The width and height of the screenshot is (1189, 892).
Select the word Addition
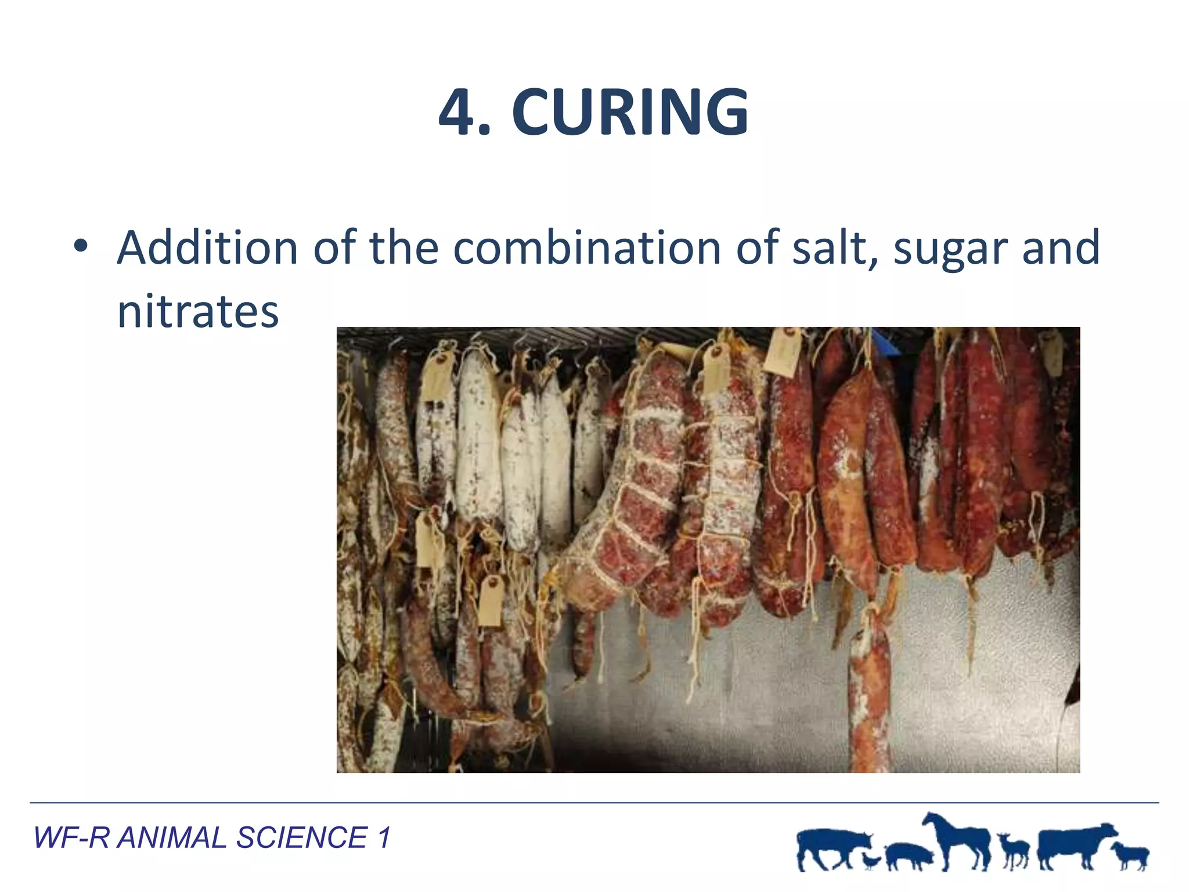[x=207, y=248]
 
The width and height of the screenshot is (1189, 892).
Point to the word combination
[x=587, y=248]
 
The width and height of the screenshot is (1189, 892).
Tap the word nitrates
[x=198, y=312]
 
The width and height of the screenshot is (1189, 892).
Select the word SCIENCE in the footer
[x=301, y=837]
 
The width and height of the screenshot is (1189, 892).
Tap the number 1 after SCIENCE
[x=384, y=837]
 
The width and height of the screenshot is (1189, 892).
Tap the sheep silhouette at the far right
[x=1130, y=854]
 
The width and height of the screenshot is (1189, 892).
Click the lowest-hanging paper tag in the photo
[x=491, y=600]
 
